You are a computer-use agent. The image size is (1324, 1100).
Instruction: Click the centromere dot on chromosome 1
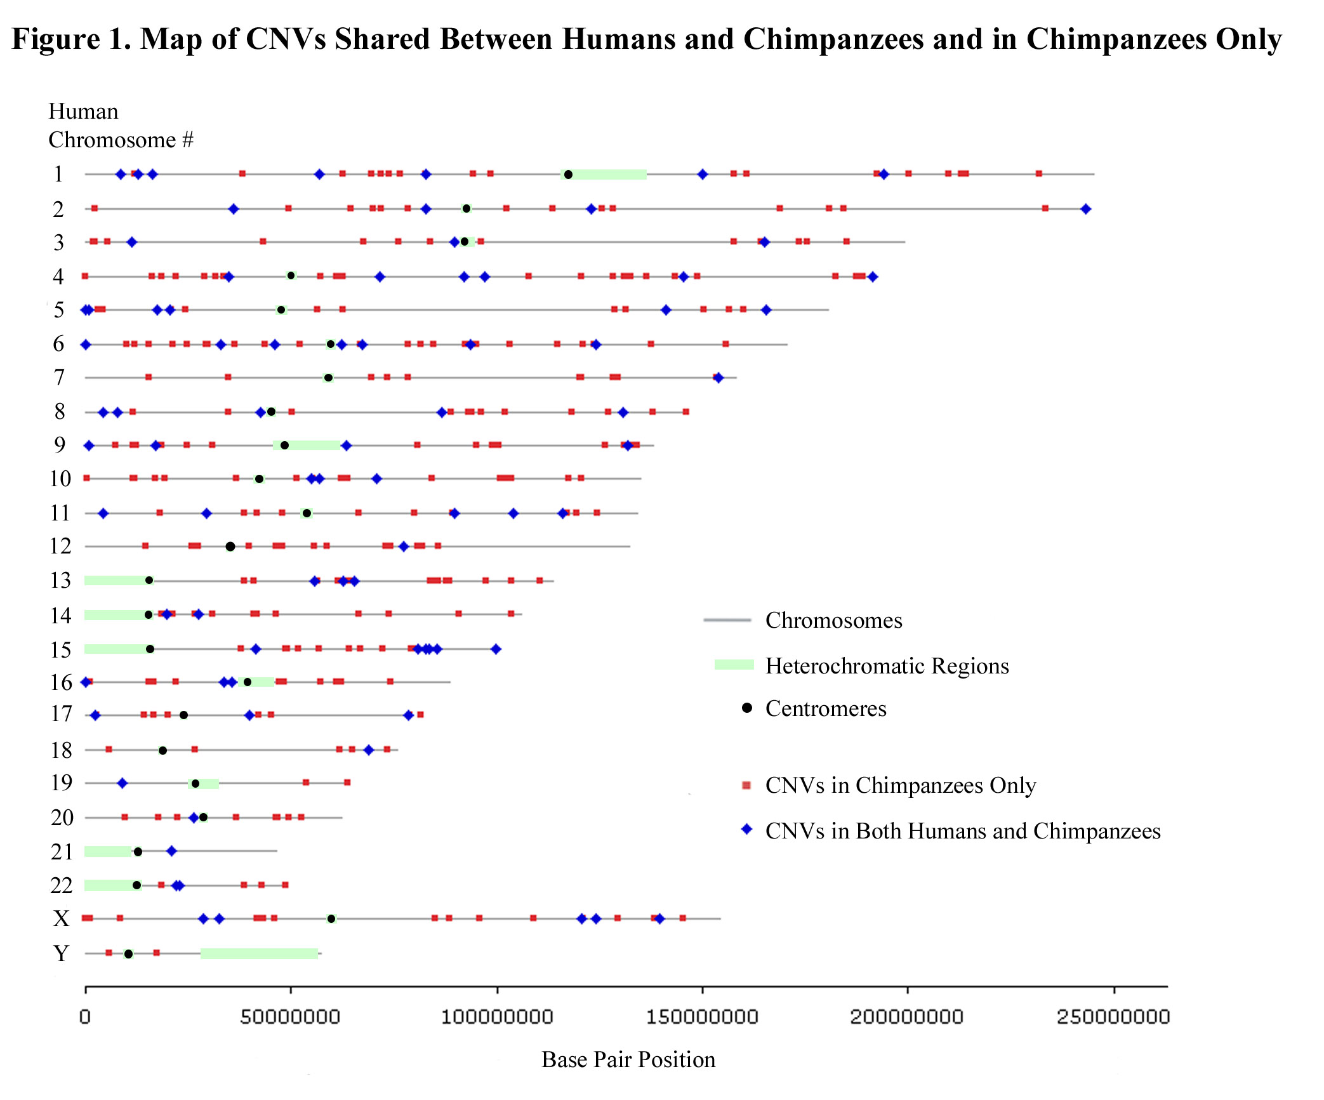568,175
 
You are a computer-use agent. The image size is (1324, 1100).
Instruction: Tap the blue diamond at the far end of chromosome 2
1085,209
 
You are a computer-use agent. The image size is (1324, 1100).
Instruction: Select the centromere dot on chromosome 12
230,547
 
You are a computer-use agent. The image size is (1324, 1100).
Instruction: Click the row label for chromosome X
61,918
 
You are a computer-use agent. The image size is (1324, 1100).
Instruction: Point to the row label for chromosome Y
61,953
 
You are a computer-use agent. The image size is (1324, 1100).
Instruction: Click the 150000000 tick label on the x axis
702,1017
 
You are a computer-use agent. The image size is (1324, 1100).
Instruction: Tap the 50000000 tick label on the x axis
290,1017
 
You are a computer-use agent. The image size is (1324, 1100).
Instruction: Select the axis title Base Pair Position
628,1059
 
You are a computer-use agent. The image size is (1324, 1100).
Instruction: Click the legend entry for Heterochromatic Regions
887,666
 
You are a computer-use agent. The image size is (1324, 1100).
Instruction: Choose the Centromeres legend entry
825,708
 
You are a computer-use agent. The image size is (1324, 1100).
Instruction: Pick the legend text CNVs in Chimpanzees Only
900,785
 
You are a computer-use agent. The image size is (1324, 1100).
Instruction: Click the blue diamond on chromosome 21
171,851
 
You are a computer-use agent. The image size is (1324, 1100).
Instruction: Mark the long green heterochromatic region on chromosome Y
259,953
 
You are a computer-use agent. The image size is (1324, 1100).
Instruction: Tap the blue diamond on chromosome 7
718,378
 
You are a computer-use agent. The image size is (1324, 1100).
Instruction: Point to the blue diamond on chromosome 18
369,750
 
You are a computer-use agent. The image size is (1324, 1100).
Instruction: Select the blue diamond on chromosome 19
122,783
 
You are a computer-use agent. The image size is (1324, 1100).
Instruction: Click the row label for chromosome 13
61,580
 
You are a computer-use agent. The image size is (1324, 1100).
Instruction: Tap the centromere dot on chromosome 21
138,852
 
